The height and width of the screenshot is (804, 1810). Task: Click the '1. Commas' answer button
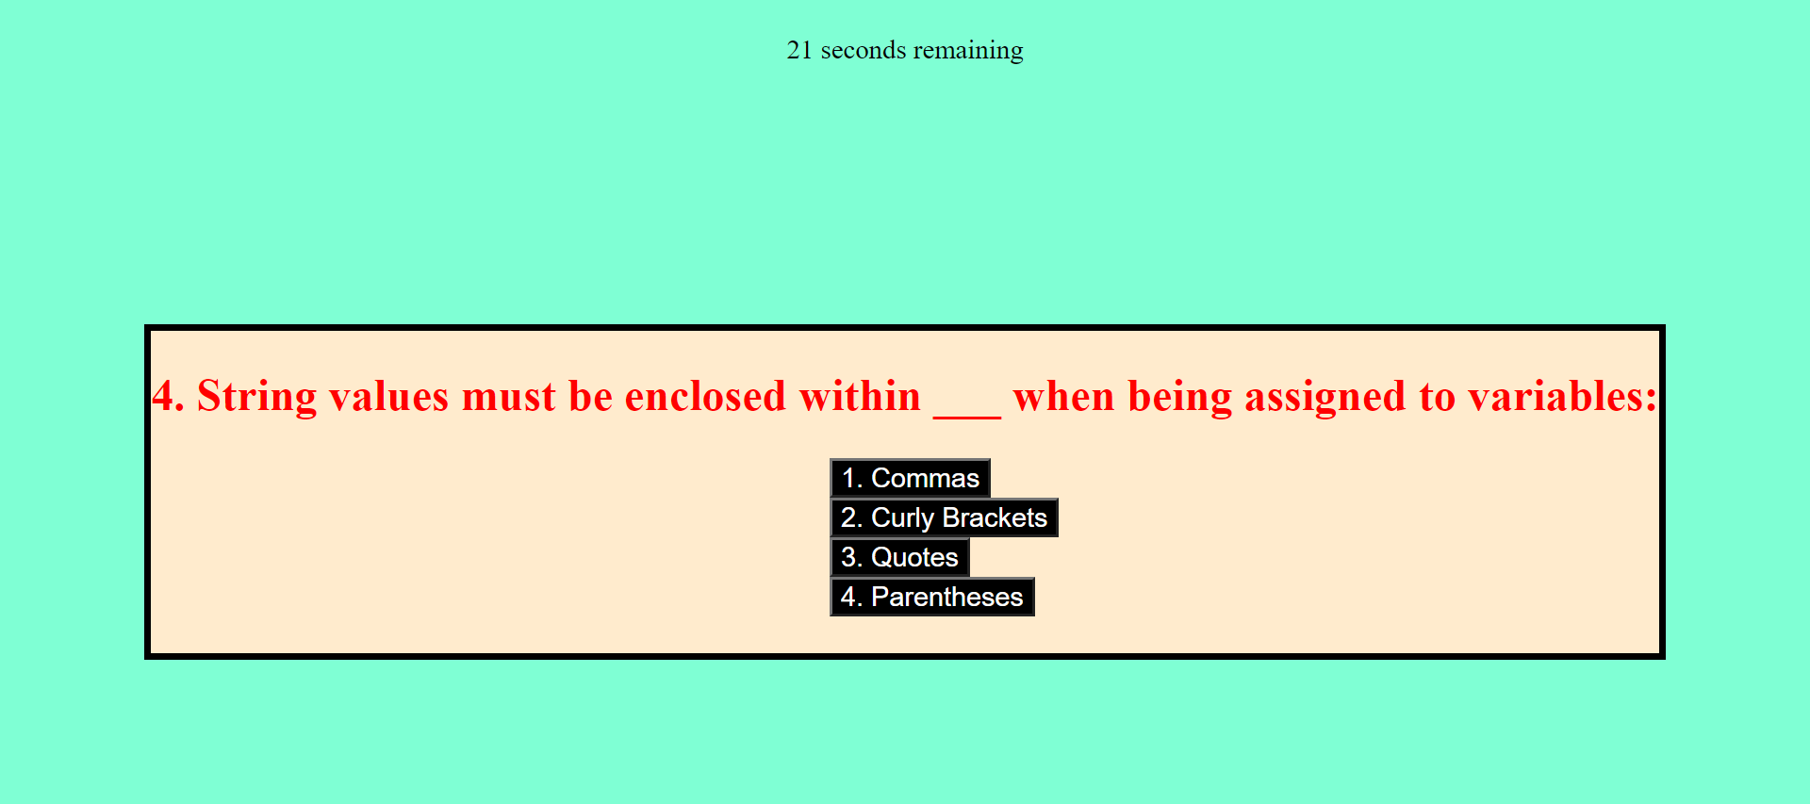click(910, 478)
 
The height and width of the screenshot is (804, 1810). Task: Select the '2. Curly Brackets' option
click(944, 517)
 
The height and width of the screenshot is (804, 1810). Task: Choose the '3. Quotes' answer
click(899, 557)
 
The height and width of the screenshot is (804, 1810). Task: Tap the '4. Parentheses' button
click(932, 597)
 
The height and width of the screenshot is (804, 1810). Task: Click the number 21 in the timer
click(799, 50)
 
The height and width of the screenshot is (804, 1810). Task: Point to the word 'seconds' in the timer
click(864, 50)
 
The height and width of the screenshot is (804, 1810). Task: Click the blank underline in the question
click(967, 416)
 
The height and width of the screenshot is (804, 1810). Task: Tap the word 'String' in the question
click(256, 397)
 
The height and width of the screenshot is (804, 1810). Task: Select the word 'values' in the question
click(388, 397)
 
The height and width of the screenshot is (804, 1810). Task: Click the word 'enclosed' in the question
click(705, 397)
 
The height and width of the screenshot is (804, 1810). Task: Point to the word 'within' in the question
click(860, 396)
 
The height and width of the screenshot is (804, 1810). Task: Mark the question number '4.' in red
click(169, 397)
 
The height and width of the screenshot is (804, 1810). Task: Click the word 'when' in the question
click(1064, 397)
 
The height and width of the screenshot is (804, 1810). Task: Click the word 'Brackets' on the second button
click(995, 517)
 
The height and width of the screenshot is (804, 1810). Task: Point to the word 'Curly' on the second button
click(902, 518)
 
